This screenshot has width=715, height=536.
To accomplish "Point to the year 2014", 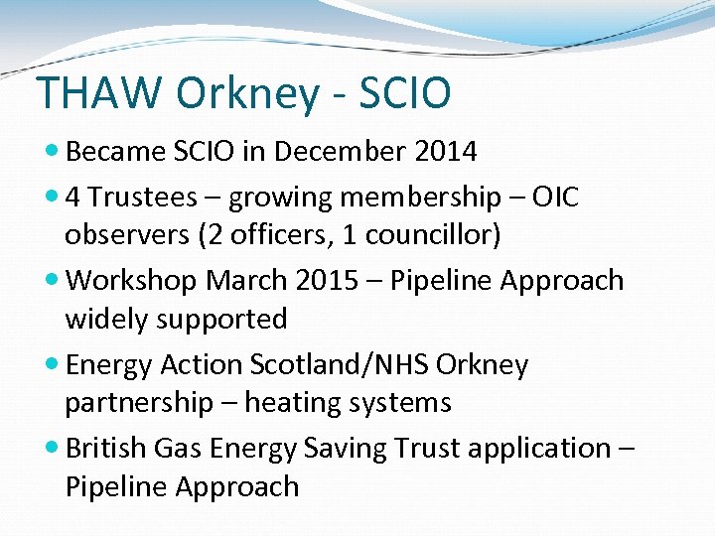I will point(446,152).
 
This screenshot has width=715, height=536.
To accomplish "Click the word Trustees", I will point(143,198).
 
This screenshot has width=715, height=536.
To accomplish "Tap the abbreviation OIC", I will point(555,198).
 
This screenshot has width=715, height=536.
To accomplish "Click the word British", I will point(106,448).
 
